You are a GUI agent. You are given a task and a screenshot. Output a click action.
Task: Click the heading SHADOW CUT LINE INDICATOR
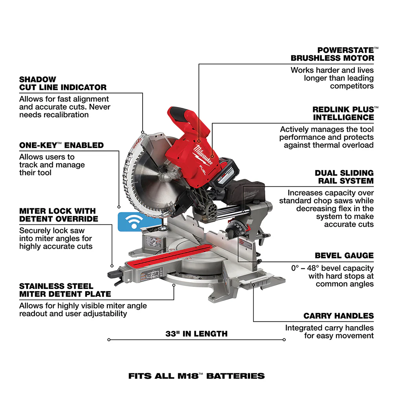[x=63, y=83]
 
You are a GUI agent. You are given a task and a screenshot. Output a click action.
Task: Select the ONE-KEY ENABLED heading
[x=61, y=145]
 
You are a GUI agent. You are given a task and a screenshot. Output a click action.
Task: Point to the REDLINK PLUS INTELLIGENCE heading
[x=343, y=113]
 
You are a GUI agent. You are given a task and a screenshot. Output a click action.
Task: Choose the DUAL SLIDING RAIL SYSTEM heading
[x=344, y=177]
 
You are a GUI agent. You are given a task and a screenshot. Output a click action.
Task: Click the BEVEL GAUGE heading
[x=344, y=255]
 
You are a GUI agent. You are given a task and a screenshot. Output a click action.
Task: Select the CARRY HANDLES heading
[x=338, y=316]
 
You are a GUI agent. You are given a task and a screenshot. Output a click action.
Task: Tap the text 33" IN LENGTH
[x=196, y=334]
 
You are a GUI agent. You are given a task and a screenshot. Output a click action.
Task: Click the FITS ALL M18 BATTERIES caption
[x=196, y=376]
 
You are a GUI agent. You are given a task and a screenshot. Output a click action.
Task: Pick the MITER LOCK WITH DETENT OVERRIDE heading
[x=58, y=215]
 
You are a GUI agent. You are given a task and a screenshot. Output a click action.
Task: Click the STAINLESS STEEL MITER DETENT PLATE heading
[x=65, y=290]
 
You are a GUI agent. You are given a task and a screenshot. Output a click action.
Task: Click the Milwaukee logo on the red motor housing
[x=203, y=155]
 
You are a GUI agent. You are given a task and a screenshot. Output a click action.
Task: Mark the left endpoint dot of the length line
[x=108, y=340]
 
